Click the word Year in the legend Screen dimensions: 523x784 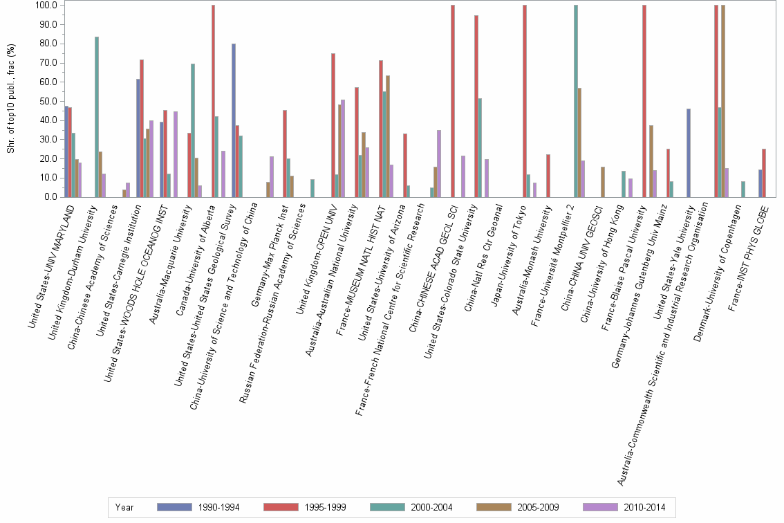[124, 507]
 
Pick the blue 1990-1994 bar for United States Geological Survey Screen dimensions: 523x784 [234, 120]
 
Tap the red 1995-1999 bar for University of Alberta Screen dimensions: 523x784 [213, 101]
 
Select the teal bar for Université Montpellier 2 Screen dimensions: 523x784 [576, 101]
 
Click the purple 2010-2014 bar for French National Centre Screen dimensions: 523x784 [439, 163]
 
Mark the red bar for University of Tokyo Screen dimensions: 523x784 [525, 101]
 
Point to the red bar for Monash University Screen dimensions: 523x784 [548, 176]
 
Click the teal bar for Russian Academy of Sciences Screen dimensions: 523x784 [312, 188]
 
